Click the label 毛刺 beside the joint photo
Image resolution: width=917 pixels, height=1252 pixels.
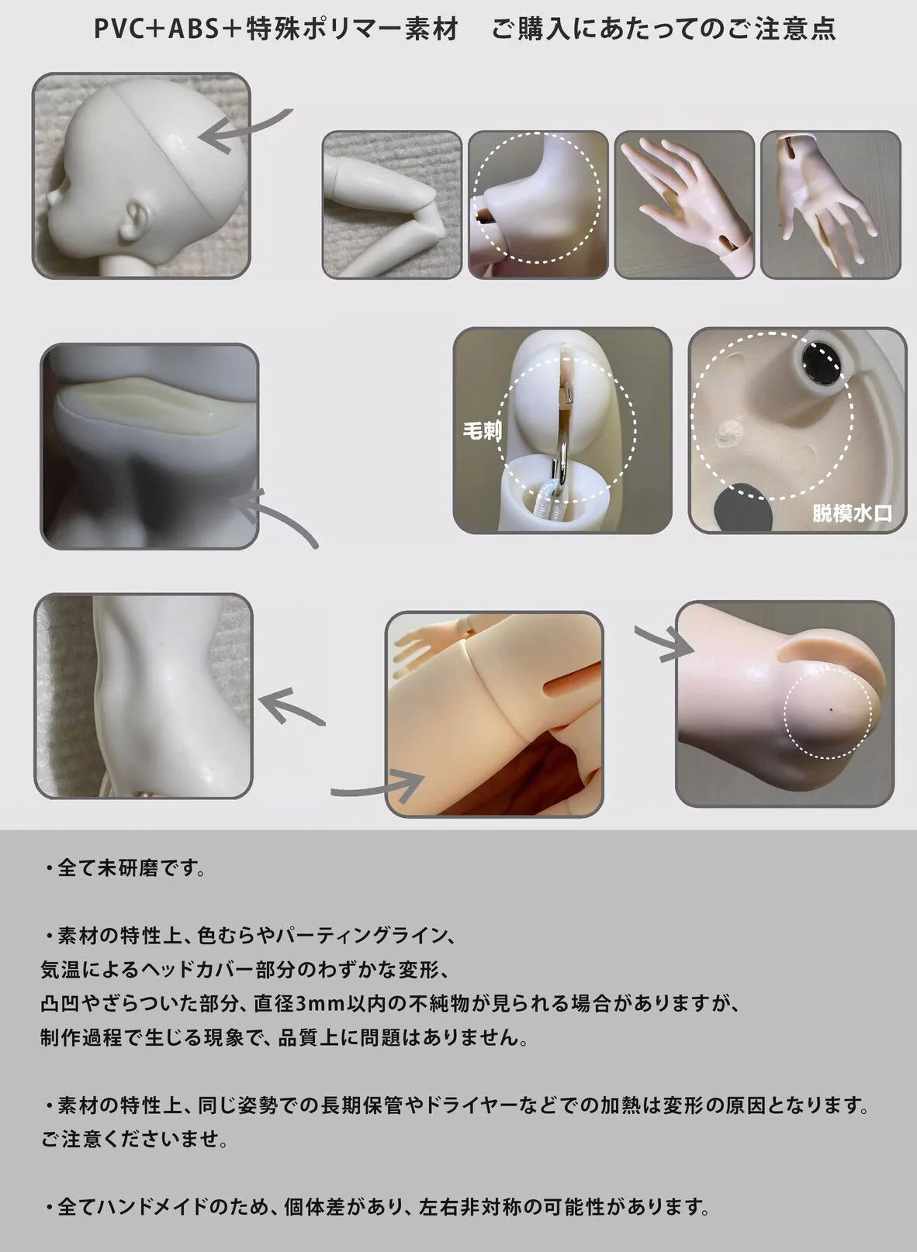(x=483, y=430)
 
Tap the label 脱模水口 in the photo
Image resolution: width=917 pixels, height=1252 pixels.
(x=852, y=512)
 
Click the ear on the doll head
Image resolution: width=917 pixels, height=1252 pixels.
(x=138, y=219)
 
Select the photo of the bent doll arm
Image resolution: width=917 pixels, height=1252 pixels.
(x=392, y=205)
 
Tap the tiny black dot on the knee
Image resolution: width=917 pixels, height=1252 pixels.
(x=831, y=708)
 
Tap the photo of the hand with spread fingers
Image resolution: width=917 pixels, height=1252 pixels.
(x=683, y=205)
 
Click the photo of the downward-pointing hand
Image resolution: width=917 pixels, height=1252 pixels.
(x=830, y=205)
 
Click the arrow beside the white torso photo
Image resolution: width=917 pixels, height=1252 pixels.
(x=290, y=706)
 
